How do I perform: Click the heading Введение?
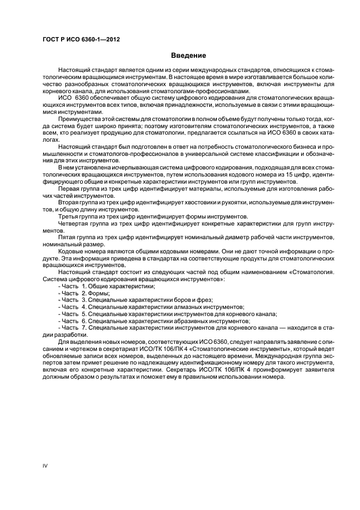coord(188,56)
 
